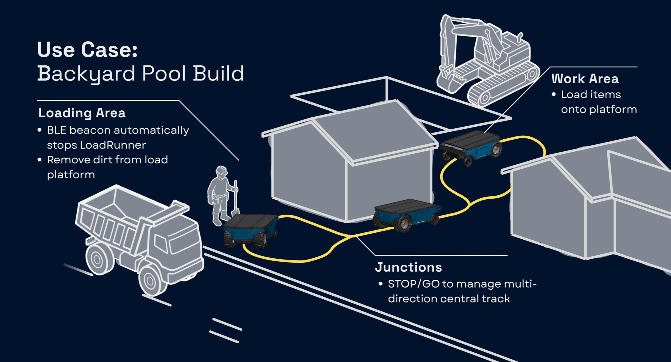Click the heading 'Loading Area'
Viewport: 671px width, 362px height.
(x=82, y=113)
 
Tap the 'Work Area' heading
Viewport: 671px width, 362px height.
(x=585, y=79)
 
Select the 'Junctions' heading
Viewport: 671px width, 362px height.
(x=408, y=267)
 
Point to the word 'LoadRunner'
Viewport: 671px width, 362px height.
(x=113, y=145)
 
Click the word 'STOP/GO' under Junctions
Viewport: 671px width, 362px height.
(x=413, y=284)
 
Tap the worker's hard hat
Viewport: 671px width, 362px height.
(x=222, y=170)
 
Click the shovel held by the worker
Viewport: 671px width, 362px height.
(x=236, y=199)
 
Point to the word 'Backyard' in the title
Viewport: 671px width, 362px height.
(x=86, y=74)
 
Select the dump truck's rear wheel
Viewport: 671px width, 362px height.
(x=98, y=259)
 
